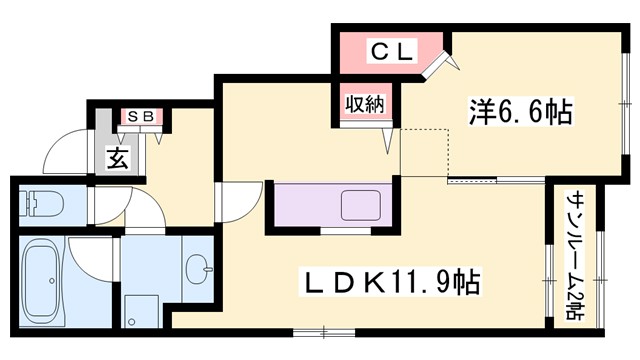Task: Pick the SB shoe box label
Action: tap(139, 116)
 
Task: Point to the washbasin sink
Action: tap(198, 267)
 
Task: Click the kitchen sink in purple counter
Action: tap(360, 204)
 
